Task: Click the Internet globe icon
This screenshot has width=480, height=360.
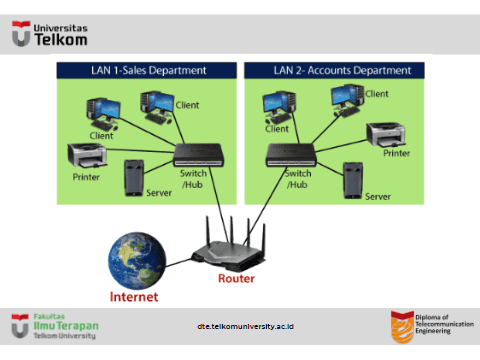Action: [137, 261]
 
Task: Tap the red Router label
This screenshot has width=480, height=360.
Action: [236, 278]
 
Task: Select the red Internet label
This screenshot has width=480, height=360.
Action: [134, 297]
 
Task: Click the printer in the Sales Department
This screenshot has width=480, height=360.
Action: [87, 155]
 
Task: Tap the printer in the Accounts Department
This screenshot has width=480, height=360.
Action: [386, 135]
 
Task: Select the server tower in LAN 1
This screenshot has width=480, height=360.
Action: [134, 178]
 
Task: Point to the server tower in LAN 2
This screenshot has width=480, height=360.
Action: [353, 181]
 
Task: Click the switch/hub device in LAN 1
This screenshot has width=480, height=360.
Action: [199, 155]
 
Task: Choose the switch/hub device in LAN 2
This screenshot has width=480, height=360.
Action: [291, 155]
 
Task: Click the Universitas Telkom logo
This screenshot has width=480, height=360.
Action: [50, 34]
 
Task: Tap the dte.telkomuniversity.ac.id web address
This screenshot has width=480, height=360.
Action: [245, 326]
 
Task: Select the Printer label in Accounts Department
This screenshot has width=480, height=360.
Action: [396, 153]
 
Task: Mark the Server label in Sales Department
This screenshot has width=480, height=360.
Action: [159, 193]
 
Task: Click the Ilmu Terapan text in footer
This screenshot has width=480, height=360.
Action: [66, 326]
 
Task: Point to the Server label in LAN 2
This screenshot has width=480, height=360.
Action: [378, 197]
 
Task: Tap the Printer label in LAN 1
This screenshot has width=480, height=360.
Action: [86, 177]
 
